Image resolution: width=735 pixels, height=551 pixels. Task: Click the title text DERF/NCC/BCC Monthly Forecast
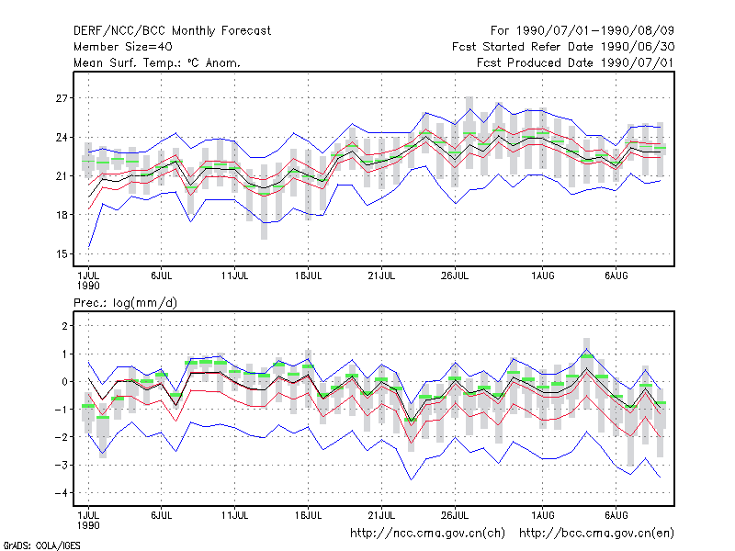point(172,31)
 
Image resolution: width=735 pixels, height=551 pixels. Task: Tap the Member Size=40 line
point(123,47)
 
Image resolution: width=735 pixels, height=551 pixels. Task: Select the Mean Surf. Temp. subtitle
point(157,62)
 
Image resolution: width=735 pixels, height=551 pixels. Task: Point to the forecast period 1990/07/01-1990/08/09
point(582,31)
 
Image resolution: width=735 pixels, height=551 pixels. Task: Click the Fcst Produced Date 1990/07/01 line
point(575,62)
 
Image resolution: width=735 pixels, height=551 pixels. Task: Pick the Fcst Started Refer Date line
point(563,47)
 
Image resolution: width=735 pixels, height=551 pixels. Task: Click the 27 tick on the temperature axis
point(62,98)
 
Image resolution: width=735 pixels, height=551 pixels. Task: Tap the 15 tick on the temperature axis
point(62,254)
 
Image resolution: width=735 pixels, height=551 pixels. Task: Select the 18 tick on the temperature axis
point(62,215)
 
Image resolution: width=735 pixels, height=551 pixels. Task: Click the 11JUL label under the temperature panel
point(234,276)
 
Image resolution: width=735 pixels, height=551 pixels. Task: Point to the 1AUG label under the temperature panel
point(543,276)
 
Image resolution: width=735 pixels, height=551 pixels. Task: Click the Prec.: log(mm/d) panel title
point(125,303)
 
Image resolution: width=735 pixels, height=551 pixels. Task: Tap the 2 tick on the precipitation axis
point(64,326)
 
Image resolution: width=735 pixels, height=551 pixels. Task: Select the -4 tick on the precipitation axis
point(62,493)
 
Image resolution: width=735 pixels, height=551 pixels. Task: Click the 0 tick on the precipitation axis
point(64,382)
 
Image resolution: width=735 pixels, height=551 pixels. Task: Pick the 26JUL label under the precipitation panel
point(454,515)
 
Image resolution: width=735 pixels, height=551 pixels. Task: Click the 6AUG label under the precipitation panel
point(616,515)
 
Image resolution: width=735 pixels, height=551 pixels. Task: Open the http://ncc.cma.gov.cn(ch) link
point(427,534)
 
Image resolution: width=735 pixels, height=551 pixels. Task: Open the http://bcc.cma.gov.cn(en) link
point(596,534)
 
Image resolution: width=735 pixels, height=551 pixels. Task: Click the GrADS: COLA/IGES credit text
point(41,545)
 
